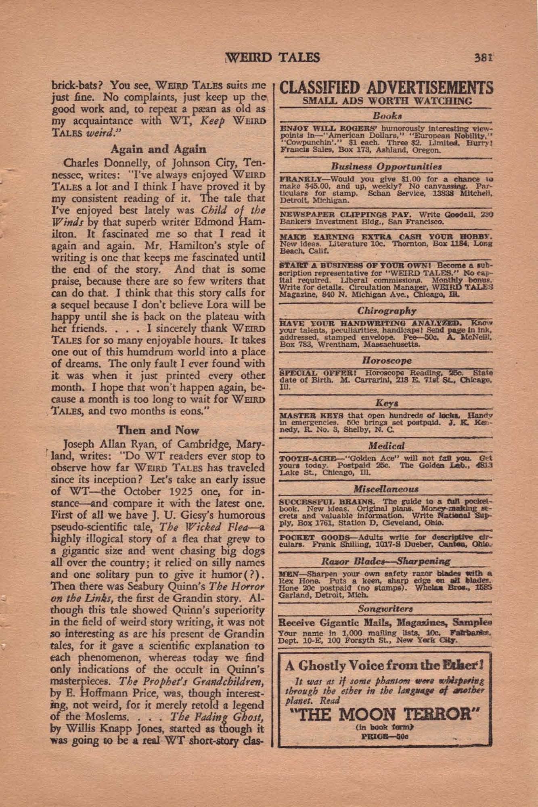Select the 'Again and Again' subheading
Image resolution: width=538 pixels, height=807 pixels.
158,149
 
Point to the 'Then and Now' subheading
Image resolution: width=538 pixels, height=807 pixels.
158,430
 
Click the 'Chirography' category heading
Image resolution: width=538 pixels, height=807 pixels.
386,311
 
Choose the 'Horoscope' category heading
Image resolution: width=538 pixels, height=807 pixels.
387,360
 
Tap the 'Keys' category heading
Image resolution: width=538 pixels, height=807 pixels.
387,403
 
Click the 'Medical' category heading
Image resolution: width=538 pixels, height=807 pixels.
387,446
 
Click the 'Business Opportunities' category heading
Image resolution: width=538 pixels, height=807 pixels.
386,166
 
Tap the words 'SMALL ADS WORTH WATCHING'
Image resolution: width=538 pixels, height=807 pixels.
387,101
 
